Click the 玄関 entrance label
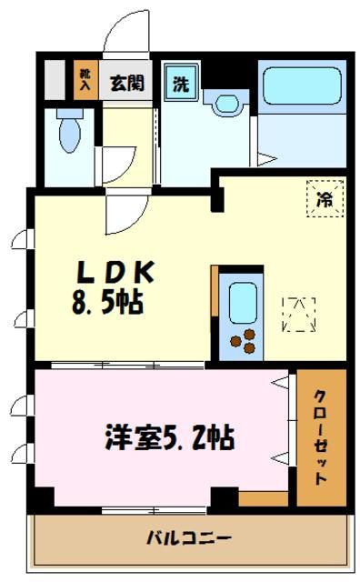coord(127,84)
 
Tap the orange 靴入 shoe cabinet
coord(85,80)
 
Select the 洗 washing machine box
coord(181,83)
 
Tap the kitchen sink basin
coord(243,303)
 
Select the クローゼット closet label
coord(321,438)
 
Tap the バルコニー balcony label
coord(189,538)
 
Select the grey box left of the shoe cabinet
coord(56,80)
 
